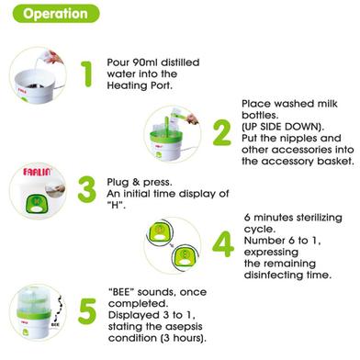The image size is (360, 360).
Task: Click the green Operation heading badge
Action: point(56,14)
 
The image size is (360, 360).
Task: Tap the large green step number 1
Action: point(87,74)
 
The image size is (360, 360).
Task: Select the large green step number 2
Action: point(222,132)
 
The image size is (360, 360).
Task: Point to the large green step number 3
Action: point(87,189)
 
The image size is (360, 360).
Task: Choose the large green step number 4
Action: point(223,244)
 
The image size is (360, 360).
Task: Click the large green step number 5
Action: point(87,311)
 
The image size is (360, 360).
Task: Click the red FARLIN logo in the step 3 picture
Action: point(38,172)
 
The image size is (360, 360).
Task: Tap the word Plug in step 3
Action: point(118,183)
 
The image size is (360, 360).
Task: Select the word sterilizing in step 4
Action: point(320,218)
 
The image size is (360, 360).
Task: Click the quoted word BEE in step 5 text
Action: point(121,292)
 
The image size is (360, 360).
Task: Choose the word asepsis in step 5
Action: point(185,327)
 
